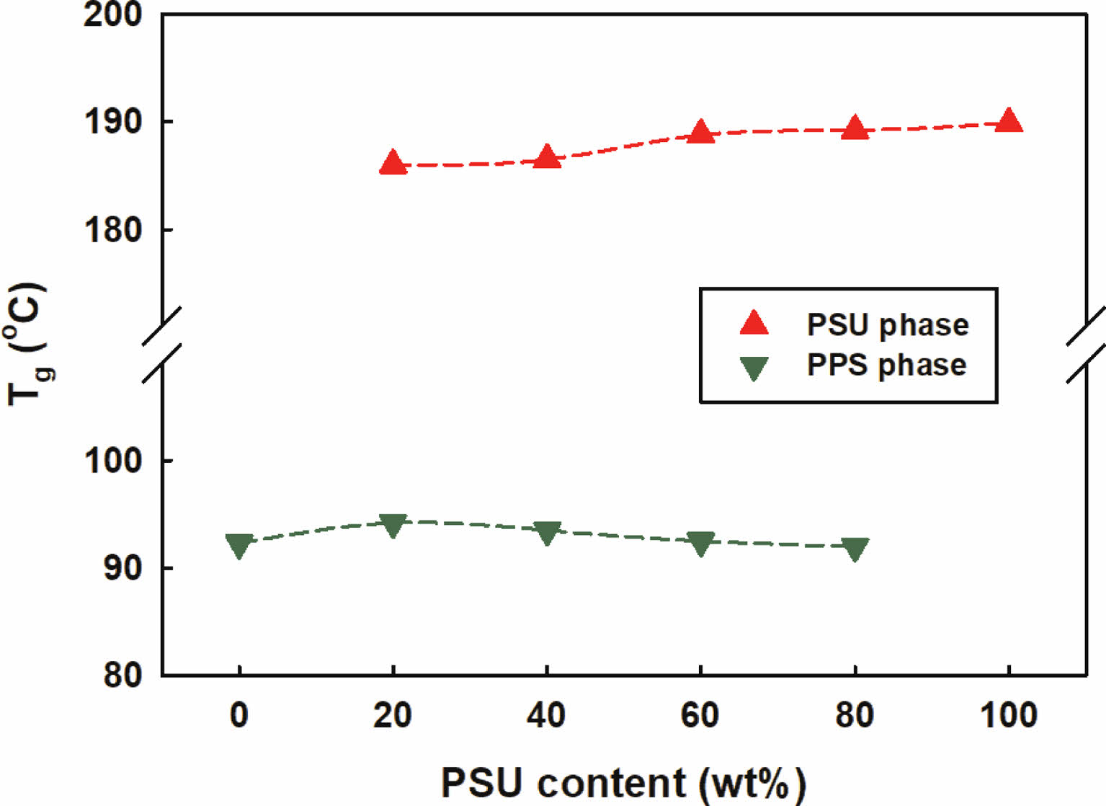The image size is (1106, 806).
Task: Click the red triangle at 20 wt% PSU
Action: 393,163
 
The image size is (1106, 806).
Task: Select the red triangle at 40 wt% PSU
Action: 547,156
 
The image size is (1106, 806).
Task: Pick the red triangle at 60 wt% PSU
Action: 700,133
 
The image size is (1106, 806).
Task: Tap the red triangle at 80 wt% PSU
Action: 855,128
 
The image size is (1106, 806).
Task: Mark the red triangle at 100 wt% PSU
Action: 1009,121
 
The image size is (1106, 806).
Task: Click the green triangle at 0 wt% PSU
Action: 239,545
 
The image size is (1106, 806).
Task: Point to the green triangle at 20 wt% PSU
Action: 393,525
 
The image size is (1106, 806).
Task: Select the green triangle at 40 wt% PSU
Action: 547,533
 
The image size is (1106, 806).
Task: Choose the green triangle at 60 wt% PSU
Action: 700,543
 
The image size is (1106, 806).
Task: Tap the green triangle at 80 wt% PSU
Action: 855,549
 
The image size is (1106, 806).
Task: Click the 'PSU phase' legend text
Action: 888,325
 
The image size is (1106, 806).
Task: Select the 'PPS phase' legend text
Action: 886,365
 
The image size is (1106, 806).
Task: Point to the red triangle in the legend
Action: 754,324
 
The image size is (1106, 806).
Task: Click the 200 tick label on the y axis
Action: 112,14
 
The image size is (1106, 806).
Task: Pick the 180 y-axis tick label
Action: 112,230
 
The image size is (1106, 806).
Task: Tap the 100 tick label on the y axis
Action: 112,460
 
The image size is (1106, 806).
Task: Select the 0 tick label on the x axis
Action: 239,715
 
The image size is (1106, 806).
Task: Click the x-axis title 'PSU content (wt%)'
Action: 623,783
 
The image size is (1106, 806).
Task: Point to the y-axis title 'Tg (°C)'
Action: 27,345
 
